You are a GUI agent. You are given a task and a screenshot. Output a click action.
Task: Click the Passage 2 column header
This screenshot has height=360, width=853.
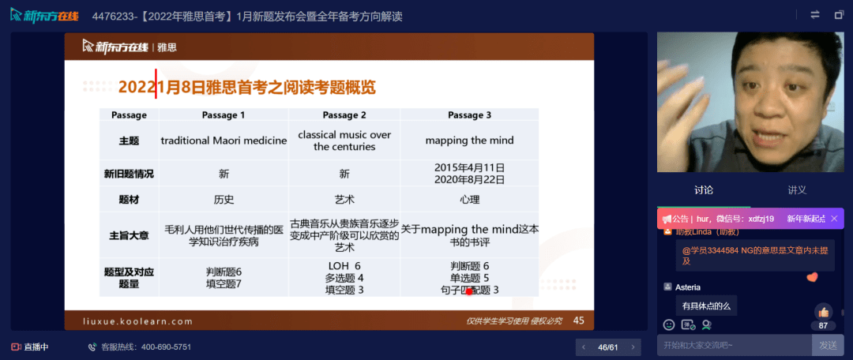click(344, 115)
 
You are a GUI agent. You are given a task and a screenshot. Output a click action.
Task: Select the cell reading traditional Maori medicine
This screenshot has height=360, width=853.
click(224, 141)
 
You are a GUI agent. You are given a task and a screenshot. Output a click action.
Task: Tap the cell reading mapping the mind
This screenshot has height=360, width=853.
click(469, 141)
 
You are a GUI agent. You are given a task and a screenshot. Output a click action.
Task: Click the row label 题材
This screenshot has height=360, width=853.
click(129, 200)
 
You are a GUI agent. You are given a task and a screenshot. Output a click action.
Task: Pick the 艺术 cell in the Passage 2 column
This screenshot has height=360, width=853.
click(344, 200)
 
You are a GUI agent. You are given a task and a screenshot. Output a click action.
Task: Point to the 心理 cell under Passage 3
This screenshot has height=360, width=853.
click(469, 200)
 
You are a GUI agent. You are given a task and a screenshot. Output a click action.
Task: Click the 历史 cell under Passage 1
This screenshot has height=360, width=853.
click(224, 200)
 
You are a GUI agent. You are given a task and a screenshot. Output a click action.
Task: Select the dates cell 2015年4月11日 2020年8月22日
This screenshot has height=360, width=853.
click(469, 174)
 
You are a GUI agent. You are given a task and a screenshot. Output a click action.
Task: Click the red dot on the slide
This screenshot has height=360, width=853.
click(469, 291)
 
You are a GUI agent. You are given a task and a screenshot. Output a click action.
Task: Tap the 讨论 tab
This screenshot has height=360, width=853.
click(703, 190)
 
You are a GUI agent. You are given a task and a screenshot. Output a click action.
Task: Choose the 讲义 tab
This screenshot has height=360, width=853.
click(797, 190)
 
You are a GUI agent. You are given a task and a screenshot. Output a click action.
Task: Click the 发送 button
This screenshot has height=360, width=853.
click(828, 345)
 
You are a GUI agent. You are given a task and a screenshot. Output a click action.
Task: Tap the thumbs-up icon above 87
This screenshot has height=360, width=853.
click(823, 311)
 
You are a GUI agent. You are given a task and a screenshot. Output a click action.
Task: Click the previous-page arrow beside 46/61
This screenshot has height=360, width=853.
click(584, 347)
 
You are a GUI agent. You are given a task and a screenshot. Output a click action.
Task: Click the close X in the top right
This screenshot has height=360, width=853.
click(837, 15)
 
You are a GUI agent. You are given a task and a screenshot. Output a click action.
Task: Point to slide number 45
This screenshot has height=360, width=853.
click(579, 321)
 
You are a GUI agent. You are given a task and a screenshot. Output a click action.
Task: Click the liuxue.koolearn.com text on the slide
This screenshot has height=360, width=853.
click(137, 321)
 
